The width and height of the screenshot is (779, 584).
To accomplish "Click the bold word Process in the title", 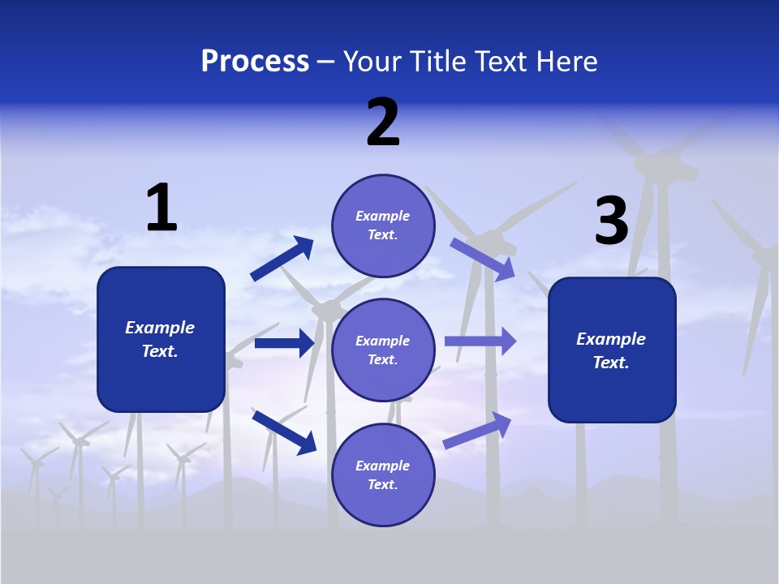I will click(255, 62).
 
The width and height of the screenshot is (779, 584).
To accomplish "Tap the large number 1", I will click(161, 208).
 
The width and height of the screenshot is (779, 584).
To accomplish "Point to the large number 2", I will click(383, 122).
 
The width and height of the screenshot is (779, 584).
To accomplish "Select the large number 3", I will click(612, 221).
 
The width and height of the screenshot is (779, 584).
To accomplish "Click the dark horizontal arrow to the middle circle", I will click(284, 343).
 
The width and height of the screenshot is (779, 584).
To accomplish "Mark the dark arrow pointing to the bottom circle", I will click(284, 432).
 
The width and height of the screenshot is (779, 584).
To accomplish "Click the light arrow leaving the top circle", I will click(483, 259).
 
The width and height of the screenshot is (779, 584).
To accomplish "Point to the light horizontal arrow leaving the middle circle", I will click(480, 341).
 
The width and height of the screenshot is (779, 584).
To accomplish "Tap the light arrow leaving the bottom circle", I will click(478, 430).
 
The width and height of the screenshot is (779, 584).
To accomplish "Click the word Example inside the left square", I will click(160, 328).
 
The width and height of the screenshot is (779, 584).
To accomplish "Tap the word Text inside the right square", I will click(610, 363).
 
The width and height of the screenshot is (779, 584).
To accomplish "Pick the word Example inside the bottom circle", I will click(382, 466).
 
